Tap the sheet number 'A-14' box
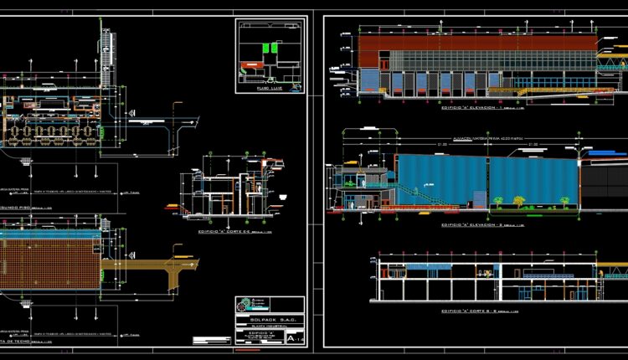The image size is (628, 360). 293,338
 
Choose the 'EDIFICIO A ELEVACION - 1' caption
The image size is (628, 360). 472,108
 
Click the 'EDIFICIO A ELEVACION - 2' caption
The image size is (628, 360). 472,225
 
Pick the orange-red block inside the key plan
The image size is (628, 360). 250,63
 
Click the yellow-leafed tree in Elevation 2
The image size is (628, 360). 519,200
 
